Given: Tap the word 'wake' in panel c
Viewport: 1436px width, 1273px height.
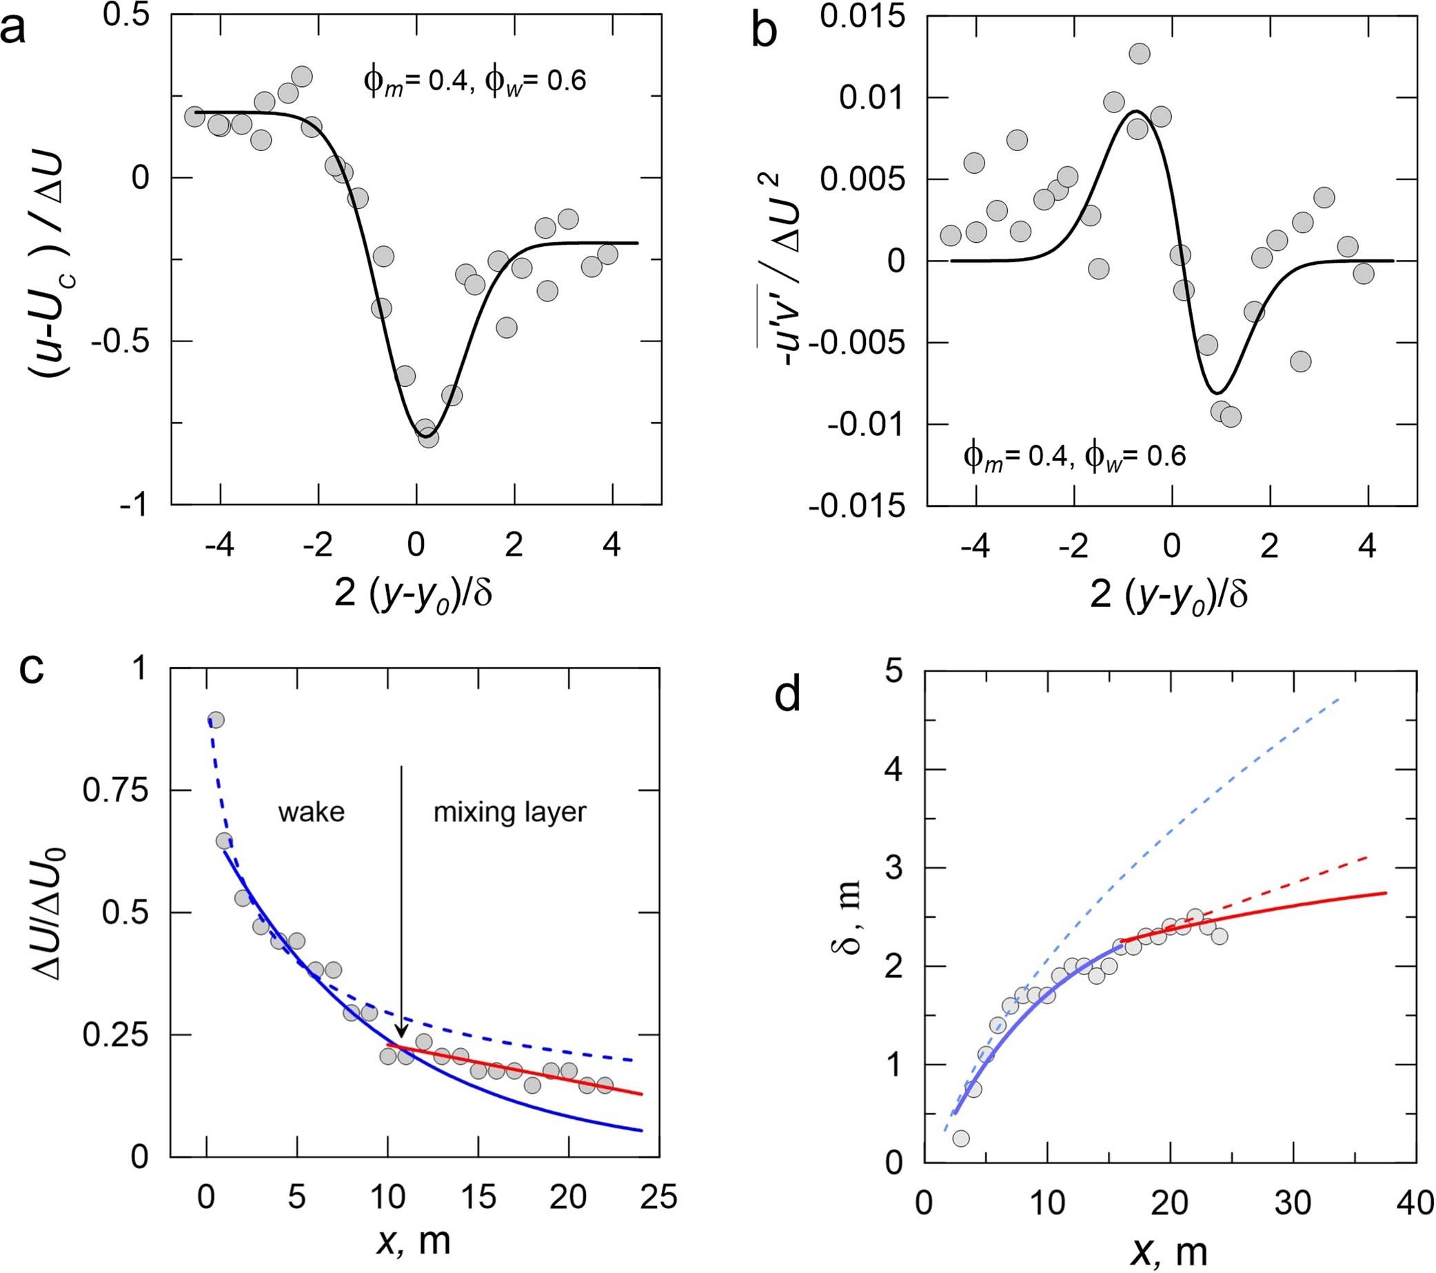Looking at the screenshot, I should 311,812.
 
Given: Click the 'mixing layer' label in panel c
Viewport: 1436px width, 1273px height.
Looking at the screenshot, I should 509,812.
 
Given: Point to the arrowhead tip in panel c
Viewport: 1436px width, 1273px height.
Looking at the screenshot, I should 401,1038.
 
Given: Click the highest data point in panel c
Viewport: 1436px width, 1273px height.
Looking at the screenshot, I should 216,720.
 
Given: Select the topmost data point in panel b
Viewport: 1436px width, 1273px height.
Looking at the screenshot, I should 1139,53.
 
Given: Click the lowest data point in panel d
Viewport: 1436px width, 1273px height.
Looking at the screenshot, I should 961,1138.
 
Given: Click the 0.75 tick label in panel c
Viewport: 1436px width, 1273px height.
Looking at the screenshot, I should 116,792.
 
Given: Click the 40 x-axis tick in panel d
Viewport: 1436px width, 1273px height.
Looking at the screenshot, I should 1413,1203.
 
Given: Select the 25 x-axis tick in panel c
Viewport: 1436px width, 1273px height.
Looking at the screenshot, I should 658,1196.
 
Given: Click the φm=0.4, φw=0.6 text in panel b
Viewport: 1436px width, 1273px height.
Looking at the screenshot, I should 1075,457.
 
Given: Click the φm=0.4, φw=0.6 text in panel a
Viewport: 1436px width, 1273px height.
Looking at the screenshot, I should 474,81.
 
